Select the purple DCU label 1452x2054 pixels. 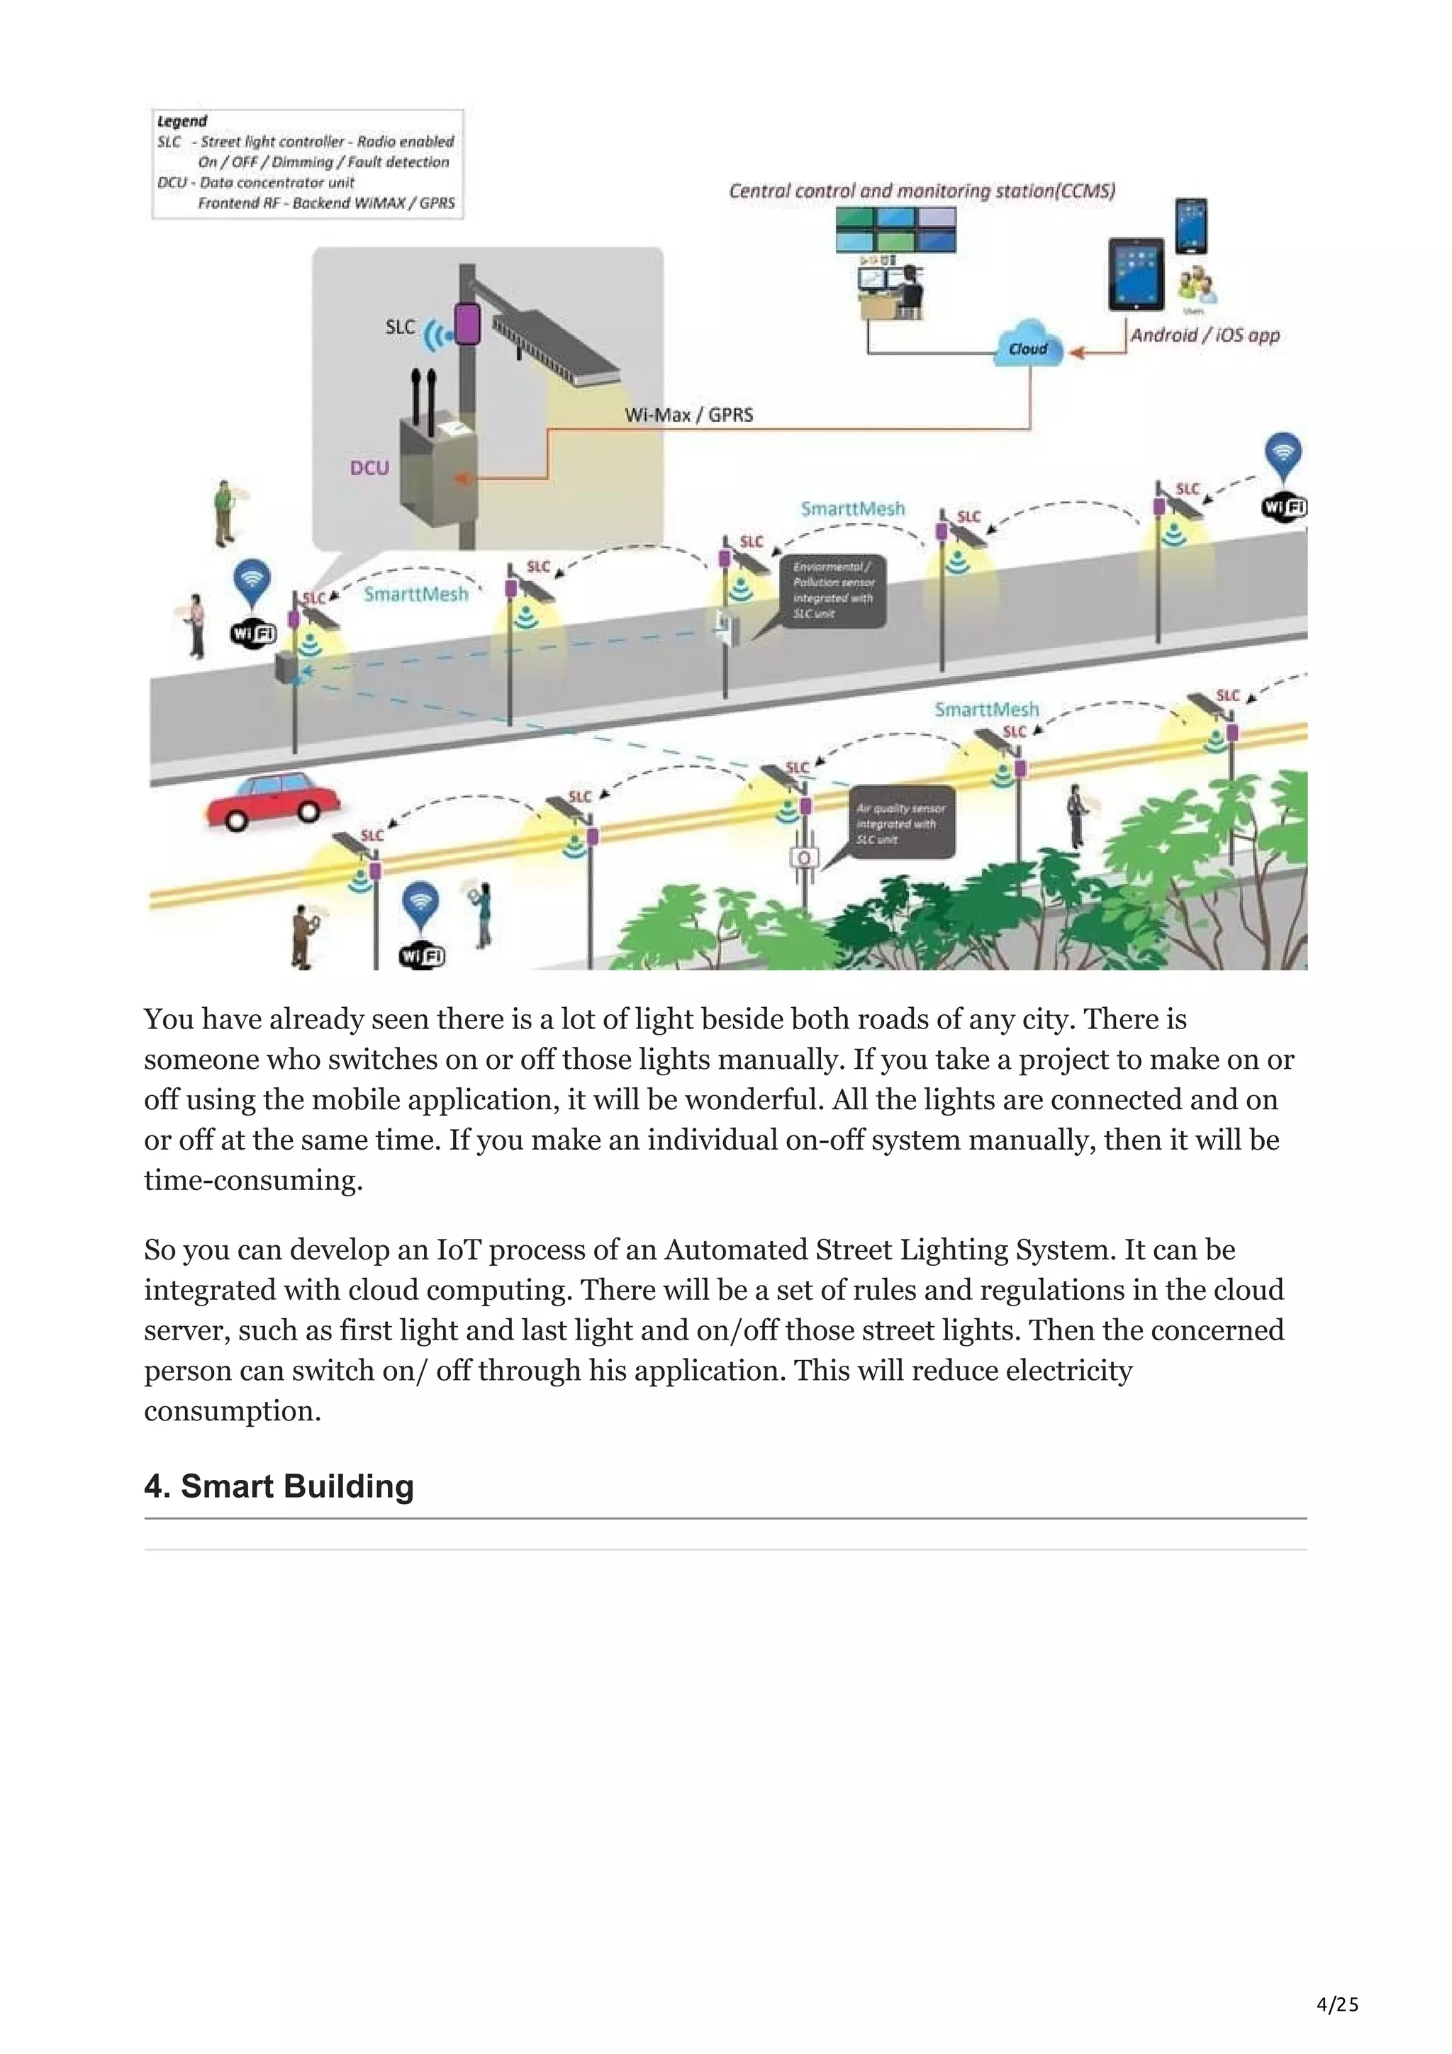pos(369,468)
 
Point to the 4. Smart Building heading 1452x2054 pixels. pos(279,1486)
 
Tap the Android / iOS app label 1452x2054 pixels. pos(1204,335)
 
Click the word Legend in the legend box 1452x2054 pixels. pos(181,120)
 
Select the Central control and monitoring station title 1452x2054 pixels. pos(922,191)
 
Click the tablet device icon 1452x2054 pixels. pos(1137,274)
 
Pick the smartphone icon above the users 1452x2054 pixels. pos(1191,226)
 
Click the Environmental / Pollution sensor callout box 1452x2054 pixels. pos(833,590)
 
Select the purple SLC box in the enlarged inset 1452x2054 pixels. pos(467,324)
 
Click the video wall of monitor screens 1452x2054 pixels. pos(895,230)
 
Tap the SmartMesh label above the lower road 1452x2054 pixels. pos(986,709)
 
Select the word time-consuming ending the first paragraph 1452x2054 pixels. pos(253,1180)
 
